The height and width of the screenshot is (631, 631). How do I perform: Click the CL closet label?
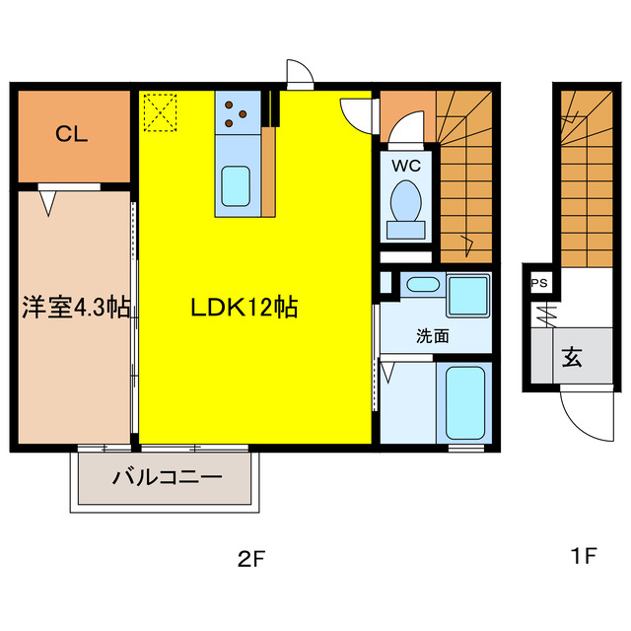pos(71,134)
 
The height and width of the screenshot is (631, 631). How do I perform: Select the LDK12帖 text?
pos(245,307)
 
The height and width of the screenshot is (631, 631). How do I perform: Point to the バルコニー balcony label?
pos(166,478)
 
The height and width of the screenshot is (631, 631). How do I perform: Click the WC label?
pos(405,166)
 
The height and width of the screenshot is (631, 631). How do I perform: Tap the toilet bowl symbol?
pos(405,203)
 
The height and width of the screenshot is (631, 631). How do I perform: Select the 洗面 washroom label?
pos(432,335)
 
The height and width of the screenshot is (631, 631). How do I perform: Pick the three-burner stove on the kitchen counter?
pos(237,111)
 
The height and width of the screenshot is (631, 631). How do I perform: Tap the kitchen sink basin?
pos(235,185)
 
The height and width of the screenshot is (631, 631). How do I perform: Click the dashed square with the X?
pos(158,110)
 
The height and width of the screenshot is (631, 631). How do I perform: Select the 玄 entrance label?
pos(572,356)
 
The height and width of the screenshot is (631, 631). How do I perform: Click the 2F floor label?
pos(251,559)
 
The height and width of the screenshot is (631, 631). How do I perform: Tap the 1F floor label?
pos(584,556)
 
